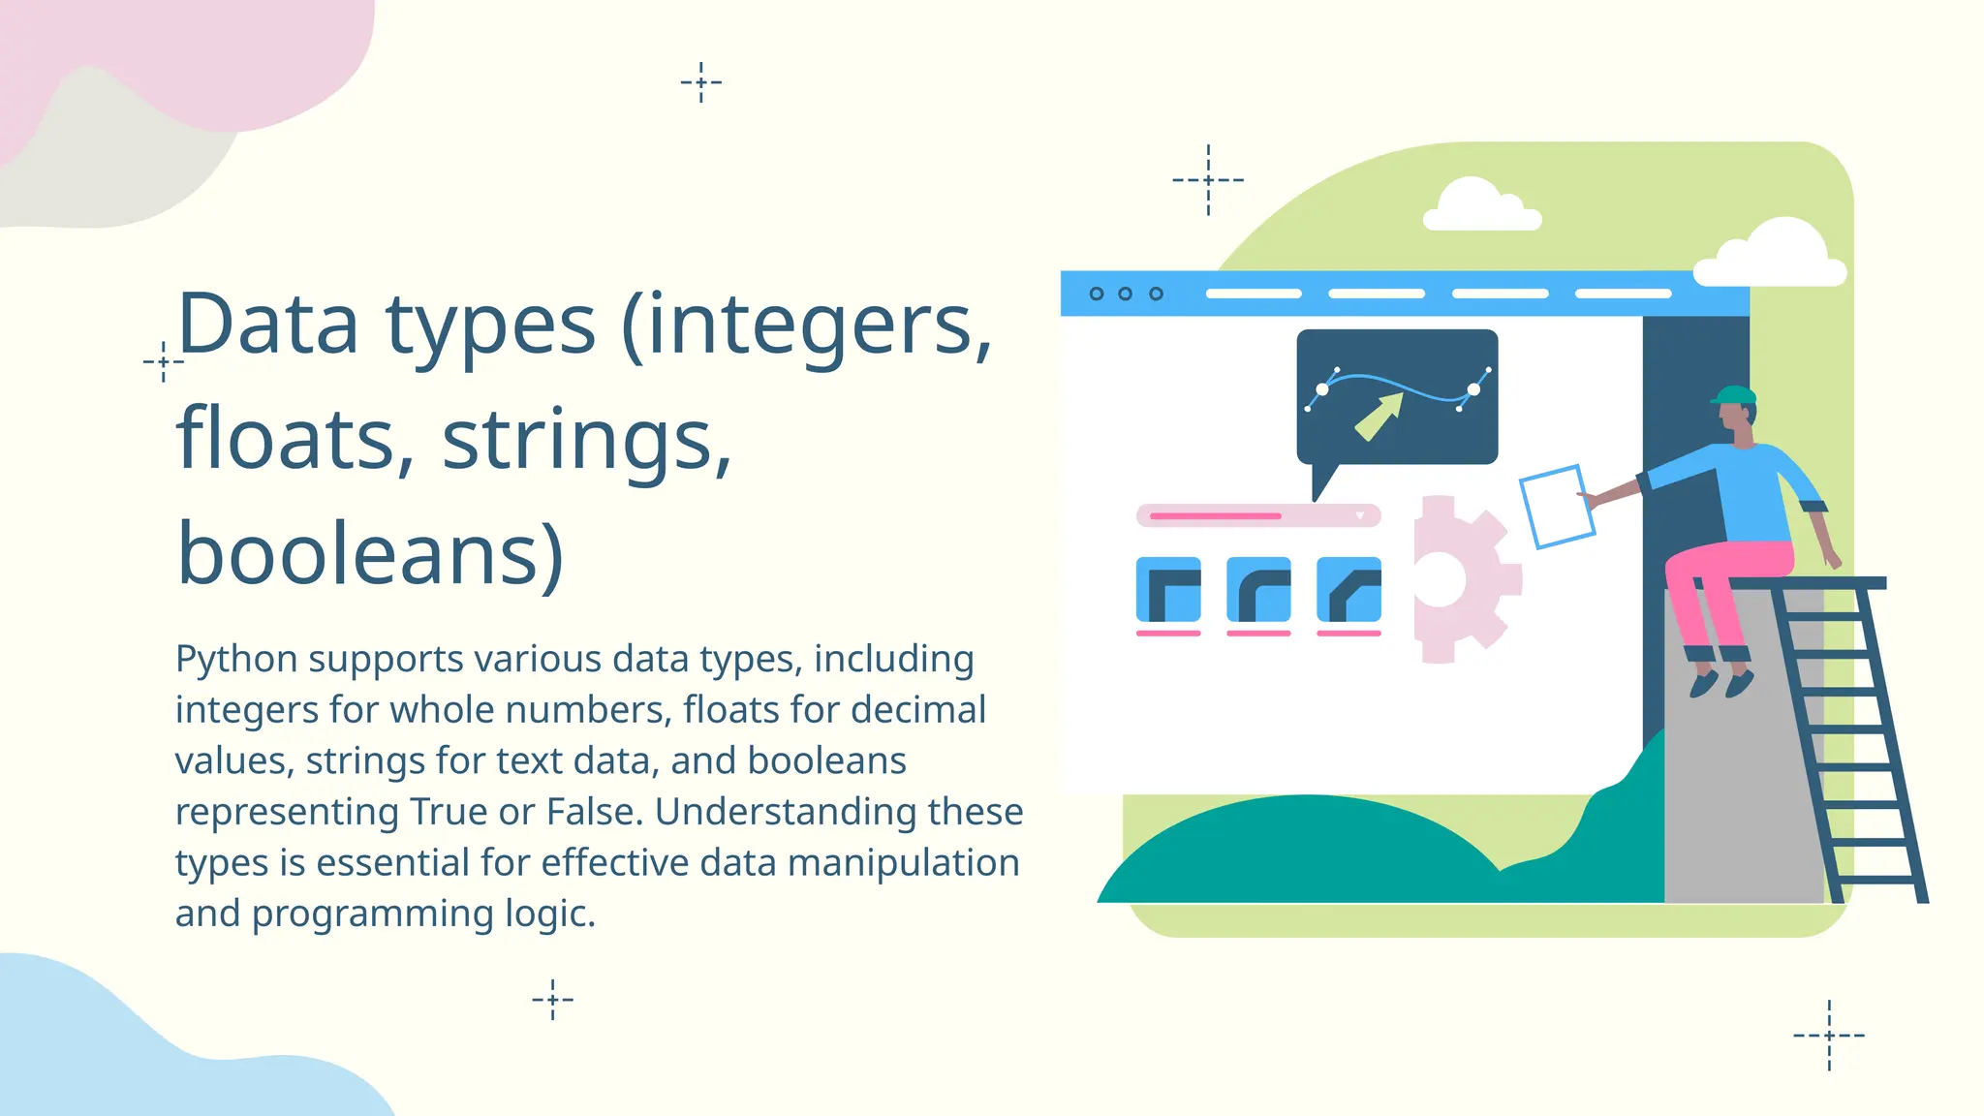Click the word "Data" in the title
coord(267,325)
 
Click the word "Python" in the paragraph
coord(236,660)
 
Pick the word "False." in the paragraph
coord(595,812)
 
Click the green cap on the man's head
coord(1734,395)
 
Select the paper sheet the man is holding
coord(1557,507)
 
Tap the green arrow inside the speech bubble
coord(1379,416)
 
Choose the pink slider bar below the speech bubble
coord(1257,515)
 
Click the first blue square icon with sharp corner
coord(1168,589)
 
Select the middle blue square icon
coord(1258,589)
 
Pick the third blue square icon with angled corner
coord(1348,589)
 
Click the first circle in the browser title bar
coord(1097,294)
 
